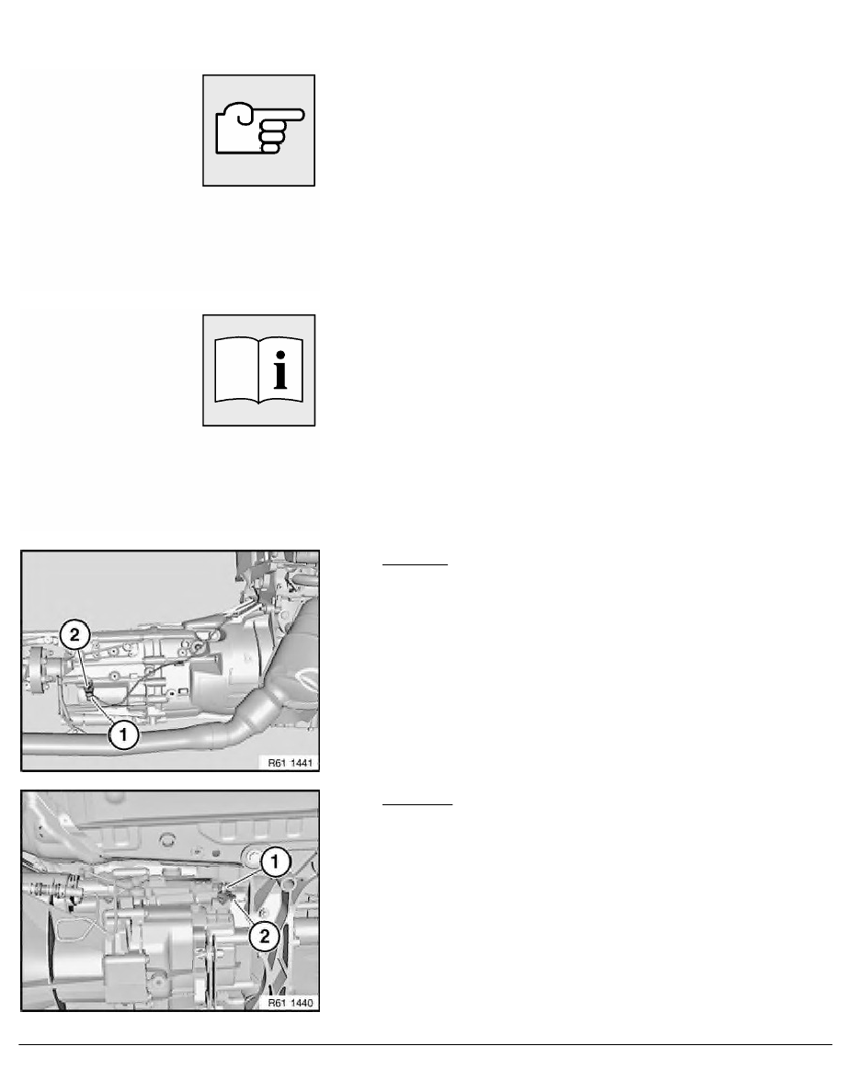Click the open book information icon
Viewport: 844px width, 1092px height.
coord(259,370)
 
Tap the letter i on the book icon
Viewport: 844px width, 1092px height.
coord(280,370)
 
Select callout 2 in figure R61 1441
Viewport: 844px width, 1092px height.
coord(74,635)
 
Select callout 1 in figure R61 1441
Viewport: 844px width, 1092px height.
coord(124,734)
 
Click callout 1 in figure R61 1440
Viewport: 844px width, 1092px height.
coord(275,862)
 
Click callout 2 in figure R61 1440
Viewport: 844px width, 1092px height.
coord(265,936)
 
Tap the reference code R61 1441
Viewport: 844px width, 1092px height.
coord(291,763)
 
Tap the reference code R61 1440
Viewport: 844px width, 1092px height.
coord(291,1002)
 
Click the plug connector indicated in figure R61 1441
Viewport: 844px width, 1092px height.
coord(90,692)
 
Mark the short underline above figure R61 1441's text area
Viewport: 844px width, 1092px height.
coord(415,564)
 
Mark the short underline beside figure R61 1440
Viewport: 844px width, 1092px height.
coord(417,804)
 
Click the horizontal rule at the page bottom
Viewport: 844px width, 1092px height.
coord(426,1044)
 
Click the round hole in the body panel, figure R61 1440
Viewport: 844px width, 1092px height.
coord(166,839)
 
